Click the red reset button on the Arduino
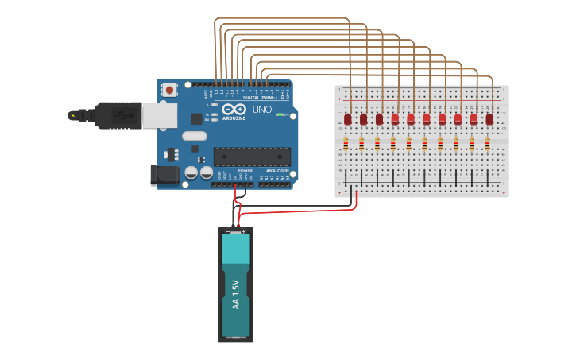169,91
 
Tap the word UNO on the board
261,109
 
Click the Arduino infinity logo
234,109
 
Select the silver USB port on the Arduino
160,115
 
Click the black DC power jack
164,175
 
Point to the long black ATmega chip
252,157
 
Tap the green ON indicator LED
280,114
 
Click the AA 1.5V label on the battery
235,296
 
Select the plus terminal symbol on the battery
243,231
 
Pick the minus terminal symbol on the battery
228,232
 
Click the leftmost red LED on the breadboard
348,118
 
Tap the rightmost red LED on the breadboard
489,118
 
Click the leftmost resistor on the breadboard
346,144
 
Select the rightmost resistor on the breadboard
487,144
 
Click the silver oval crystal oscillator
194,136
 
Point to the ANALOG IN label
277,170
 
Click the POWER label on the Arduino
245,170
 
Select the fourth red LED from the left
395,118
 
